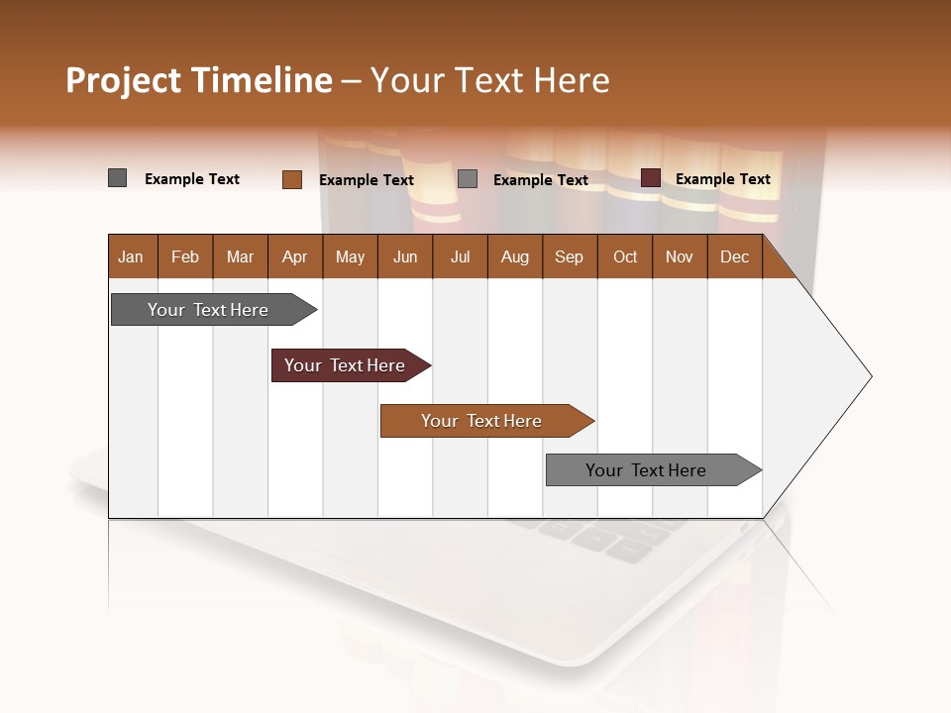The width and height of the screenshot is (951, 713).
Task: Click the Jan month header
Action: [131, 256]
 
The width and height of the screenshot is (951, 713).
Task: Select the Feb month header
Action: [185, 256]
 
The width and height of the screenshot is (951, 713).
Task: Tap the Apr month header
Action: [294, 256]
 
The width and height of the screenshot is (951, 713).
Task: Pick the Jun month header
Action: [405, 256]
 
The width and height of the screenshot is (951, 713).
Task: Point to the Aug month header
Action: [514, 256]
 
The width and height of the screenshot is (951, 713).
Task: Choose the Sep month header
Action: [569, 256]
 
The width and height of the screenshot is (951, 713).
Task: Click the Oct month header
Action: [625, 256]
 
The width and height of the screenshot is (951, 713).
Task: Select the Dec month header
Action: [734, 256]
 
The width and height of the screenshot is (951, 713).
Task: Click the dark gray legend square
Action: [118, 178]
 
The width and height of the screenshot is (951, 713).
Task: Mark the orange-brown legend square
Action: [291, 179]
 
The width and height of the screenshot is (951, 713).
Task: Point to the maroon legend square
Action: [650, 178]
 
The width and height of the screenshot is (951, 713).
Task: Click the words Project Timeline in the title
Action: [199, 80]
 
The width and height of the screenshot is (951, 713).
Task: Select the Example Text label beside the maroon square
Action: [722, 179]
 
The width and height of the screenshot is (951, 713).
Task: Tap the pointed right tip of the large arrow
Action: [869, 376]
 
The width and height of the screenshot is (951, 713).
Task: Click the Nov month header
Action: [680, 256]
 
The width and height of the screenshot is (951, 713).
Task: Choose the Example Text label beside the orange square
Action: [366, 180]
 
